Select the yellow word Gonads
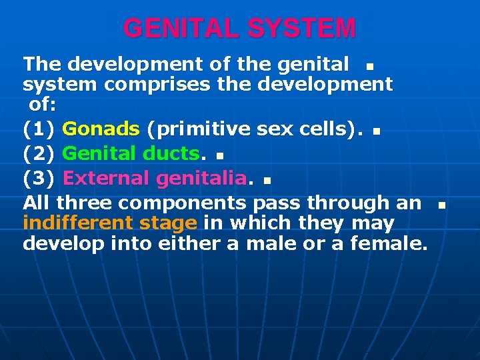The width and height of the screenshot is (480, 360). (x=101, y=129)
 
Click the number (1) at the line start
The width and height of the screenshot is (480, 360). (x=39, y=129)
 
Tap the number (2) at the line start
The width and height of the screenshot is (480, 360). (x=39, y=153)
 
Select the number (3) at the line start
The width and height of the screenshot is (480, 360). (x=39, y=178)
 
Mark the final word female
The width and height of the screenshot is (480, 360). (x=386, y=243)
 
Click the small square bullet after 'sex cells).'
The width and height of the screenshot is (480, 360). (x=376, y=131)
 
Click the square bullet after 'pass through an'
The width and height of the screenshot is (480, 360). (x=441, y=205)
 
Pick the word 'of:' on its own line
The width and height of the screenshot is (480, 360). (x=43, y=105)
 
